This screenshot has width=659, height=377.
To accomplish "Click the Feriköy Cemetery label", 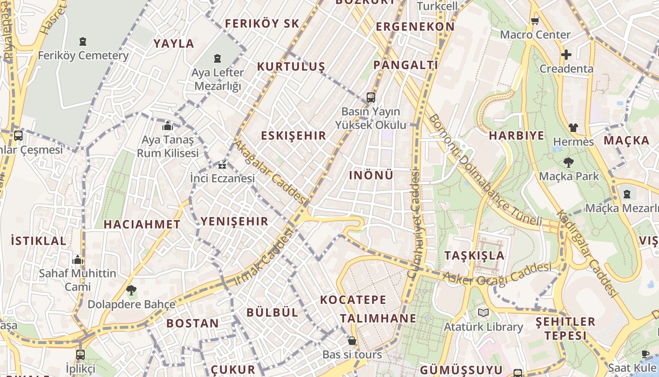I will coord(83,55).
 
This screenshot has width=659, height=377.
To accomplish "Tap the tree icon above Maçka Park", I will coord(569,163).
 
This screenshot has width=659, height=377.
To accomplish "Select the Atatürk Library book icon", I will coord(483,312).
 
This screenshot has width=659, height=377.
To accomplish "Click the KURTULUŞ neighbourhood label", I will coord(291,66).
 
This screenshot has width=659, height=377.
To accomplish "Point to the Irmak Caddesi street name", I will coord(264,257).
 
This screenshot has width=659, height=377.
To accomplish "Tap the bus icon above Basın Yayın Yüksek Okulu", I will coord(371,98).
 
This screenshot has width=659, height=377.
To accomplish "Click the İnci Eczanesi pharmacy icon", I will coord(222,165).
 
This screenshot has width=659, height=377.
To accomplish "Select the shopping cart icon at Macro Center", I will coord(535,21).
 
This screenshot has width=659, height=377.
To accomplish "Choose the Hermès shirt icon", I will coord(573,127).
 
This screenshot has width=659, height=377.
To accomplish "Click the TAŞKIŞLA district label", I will coord(474,255).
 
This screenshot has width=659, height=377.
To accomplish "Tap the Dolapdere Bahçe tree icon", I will coord(131,290).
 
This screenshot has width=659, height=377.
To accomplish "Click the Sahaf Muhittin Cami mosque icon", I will coord(78,260).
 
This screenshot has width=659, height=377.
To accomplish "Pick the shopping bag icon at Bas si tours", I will coord(352,341).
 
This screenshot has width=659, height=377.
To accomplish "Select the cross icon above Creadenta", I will coord(566,55).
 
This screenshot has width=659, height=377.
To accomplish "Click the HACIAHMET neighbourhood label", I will coord(142,224).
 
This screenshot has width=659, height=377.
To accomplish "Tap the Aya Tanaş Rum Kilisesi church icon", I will coord(168,126).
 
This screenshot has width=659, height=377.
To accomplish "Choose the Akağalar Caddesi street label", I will coord(271,172).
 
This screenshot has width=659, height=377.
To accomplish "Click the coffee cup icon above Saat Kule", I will coord(645,354).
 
